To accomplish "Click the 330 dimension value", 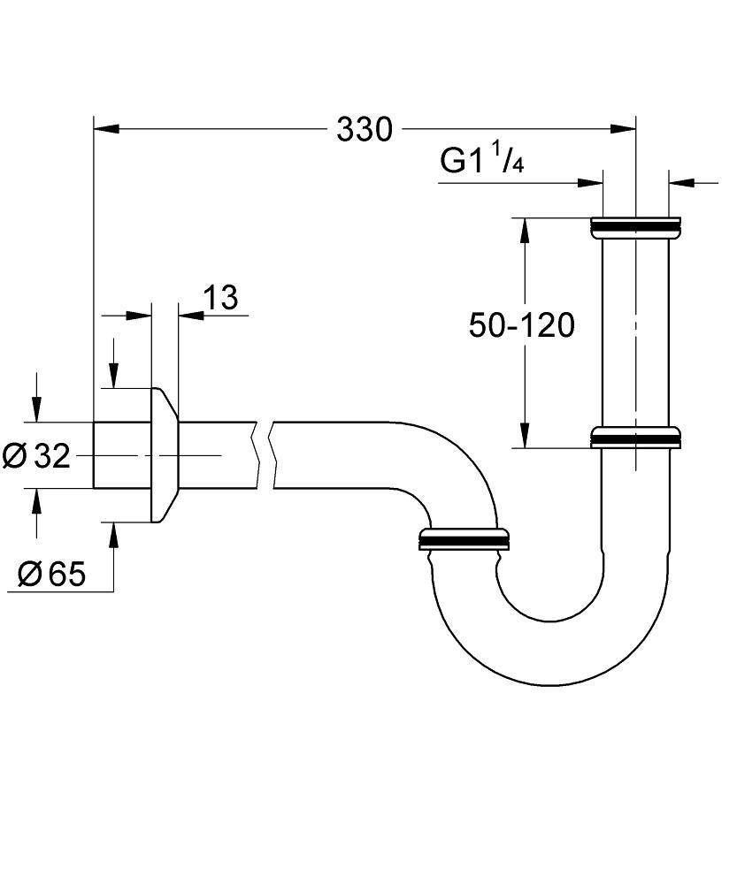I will (364, 130).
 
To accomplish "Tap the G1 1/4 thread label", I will (483, 162).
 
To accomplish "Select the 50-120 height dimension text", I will (521, 325).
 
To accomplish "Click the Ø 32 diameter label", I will (36, 456).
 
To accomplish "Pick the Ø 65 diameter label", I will (52, 575).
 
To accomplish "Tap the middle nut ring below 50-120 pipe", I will (635, 438).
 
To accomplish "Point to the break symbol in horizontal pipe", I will (265, 453).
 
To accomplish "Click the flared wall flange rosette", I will (165, 454).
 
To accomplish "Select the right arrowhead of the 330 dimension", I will (624, 130).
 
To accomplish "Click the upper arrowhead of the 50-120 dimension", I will (524, 232).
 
